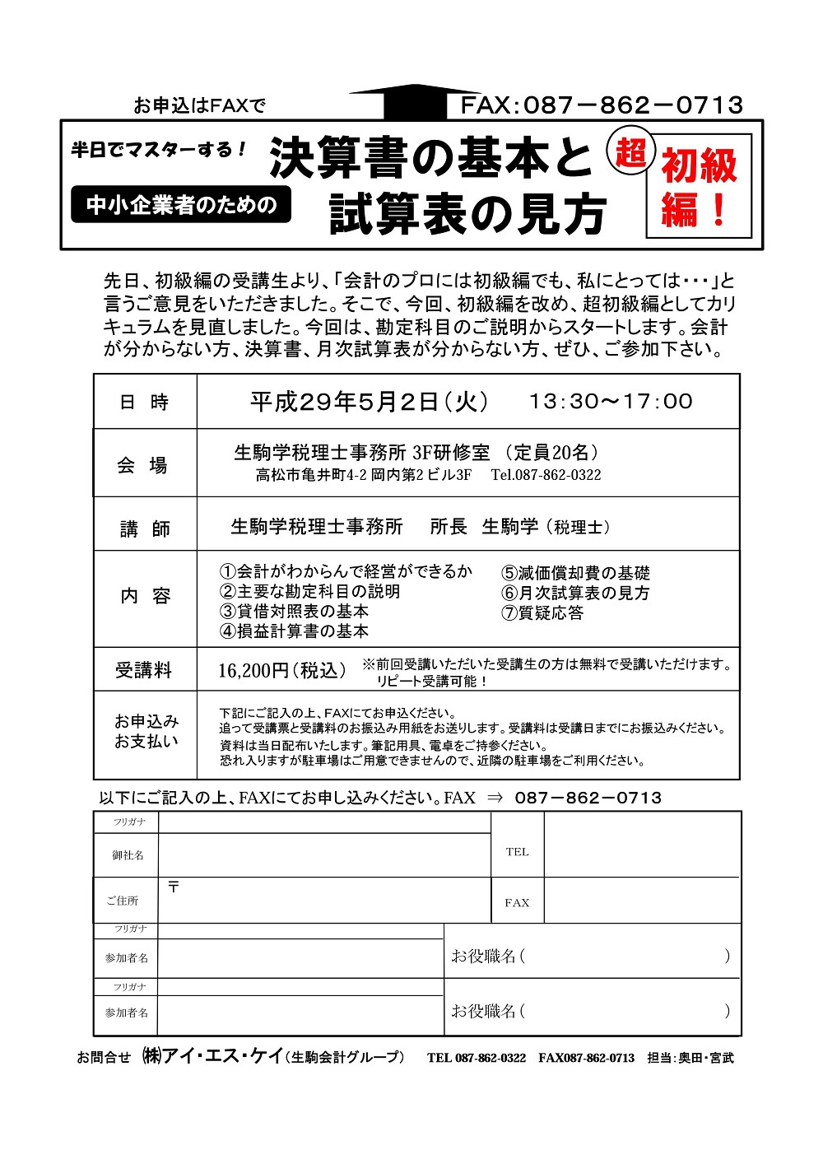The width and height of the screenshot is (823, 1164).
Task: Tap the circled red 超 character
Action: (x=630, y=152)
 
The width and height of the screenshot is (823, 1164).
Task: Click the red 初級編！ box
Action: (x=699, y=186)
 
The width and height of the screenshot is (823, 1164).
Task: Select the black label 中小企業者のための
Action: (x=181, y=204)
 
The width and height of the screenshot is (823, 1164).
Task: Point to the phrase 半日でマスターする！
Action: (x=159, y=150)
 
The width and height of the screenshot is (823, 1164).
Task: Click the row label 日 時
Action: (x=144, y=402)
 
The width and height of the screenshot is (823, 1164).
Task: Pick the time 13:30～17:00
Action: (x=611, y=401)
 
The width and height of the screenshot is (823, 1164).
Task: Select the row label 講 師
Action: (x=144, y=528)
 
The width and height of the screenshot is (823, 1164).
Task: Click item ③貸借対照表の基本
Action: (x=294, y=612)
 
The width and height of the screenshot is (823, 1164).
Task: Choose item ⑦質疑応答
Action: (x=542, y=613)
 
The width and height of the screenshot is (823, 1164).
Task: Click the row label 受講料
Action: (x=144, y=671)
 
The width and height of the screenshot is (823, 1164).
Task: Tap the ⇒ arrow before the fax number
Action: (x=495, y=798)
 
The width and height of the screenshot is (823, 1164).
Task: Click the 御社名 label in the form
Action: (x=128, y=855)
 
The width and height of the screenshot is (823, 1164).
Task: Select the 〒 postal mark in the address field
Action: (x=174, y=887)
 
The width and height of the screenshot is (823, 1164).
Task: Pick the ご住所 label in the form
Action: (x=123, y=901)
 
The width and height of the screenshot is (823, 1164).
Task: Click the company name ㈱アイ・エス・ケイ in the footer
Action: (x=213, y=1056)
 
